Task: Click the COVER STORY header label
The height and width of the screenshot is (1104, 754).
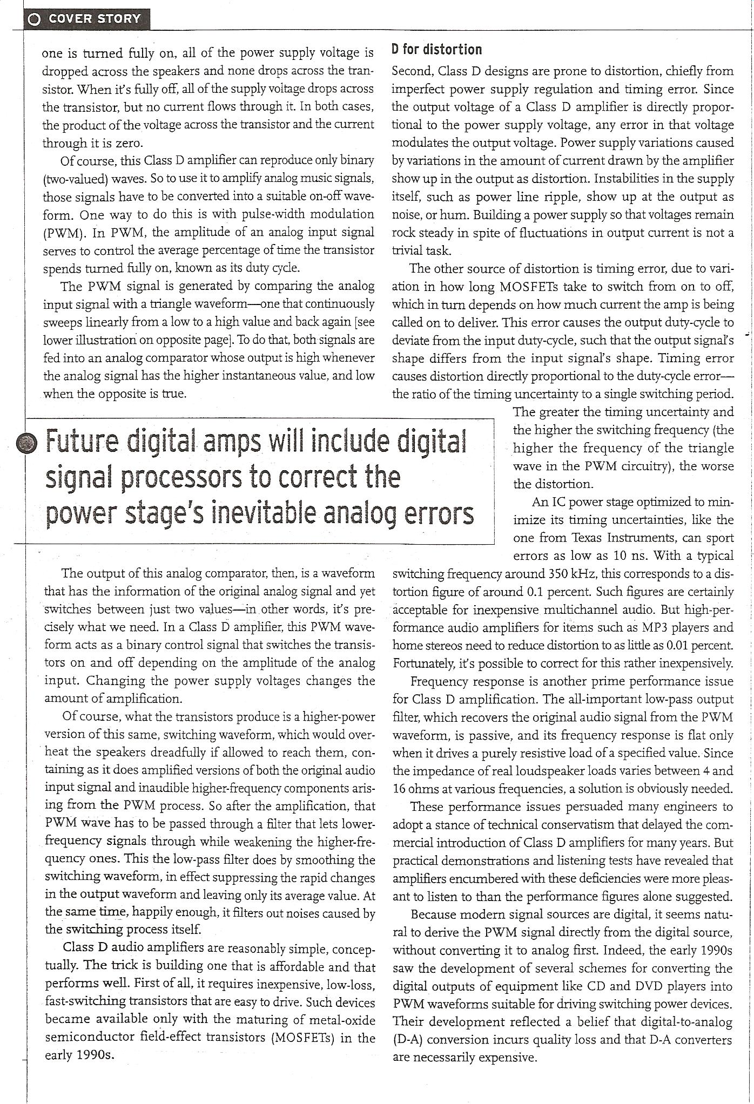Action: pyautogui.click(x=95, y=19)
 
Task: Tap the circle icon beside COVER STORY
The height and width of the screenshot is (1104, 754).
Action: pyautogui.click(x=34, y=19)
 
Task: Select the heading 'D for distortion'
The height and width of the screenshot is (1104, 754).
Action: pyautogui.click(x=436, y=50)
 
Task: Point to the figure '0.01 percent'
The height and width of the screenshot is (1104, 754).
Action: pyautogui.click(x=698, y=645)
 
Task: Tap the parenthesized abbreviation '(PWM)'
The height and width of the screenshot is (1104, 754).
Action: pyautogui.click(x=63, y=233)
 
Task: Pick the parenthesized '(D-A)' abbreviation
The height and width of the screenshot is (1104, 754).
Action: pyautogui.click(x=409, y=1040)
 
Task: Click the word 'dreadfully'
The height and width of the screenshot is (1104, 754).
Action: pyautogui.click(x=170, y=753)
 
